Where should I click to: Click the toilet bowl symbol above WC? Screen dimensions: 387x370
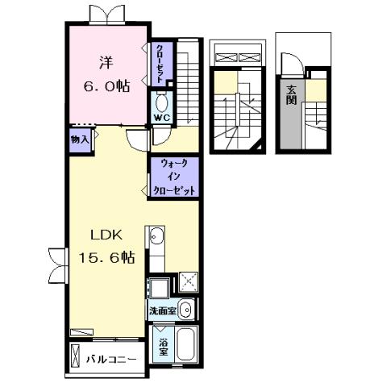(x=160, y=103)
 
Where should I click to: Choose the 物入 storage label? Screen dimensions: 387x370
(x=81, y=140)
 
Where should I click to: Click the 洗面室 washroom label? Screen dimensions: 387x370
(x=161, y=310)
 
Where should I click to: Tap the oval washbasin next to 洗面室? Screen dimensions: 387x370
(x=185, y=309)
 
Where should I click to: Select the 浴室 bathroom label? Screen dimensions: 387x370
(x=163, y=344)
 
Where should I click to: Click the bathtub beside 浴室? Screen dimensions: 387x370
(x=188, y=343)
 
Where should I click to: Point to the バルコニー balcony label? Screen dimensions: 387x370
(x=111, y=360)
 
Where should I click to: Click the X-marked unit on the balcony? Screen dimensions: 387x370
(x=77, y=357)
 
